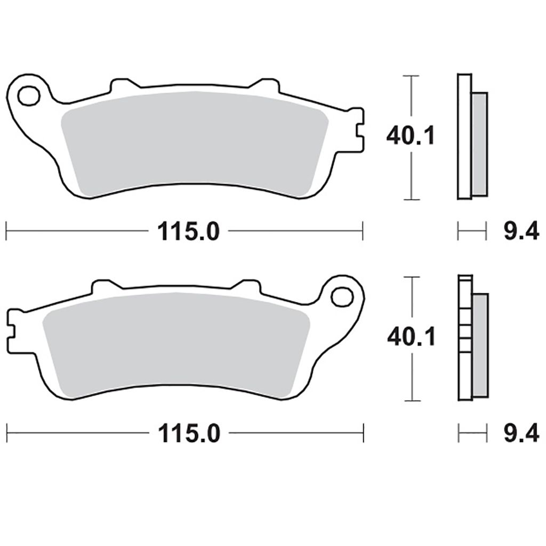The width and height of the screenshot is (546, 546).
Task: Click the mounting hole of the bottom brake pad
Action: pos(342,296)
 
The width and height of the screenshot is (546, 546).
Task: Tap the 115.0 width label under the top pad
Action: pos(188,232)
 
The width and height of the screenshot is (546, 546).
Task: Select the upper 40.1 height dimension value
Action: pos(411,136)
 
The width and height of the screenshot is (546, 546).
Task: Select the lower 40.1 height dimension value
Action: pos(411,337)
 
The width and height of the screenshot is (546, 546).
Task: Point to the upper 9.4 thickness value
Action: pos(520,232)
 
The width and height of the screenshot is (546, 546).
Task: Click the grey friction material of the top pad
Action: pos(192,141)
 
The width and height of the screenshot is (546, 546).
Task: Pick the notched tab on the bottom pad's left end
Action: pos(13,326)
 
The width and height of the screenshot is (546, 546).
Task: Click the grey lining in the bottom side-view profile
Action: pos(480,345)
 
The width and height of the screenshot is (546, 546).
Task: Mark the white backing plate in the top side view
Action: pos(464,136)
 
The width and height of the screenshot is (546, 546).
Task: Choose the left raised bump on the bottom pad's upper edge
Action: pos(105,287)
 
